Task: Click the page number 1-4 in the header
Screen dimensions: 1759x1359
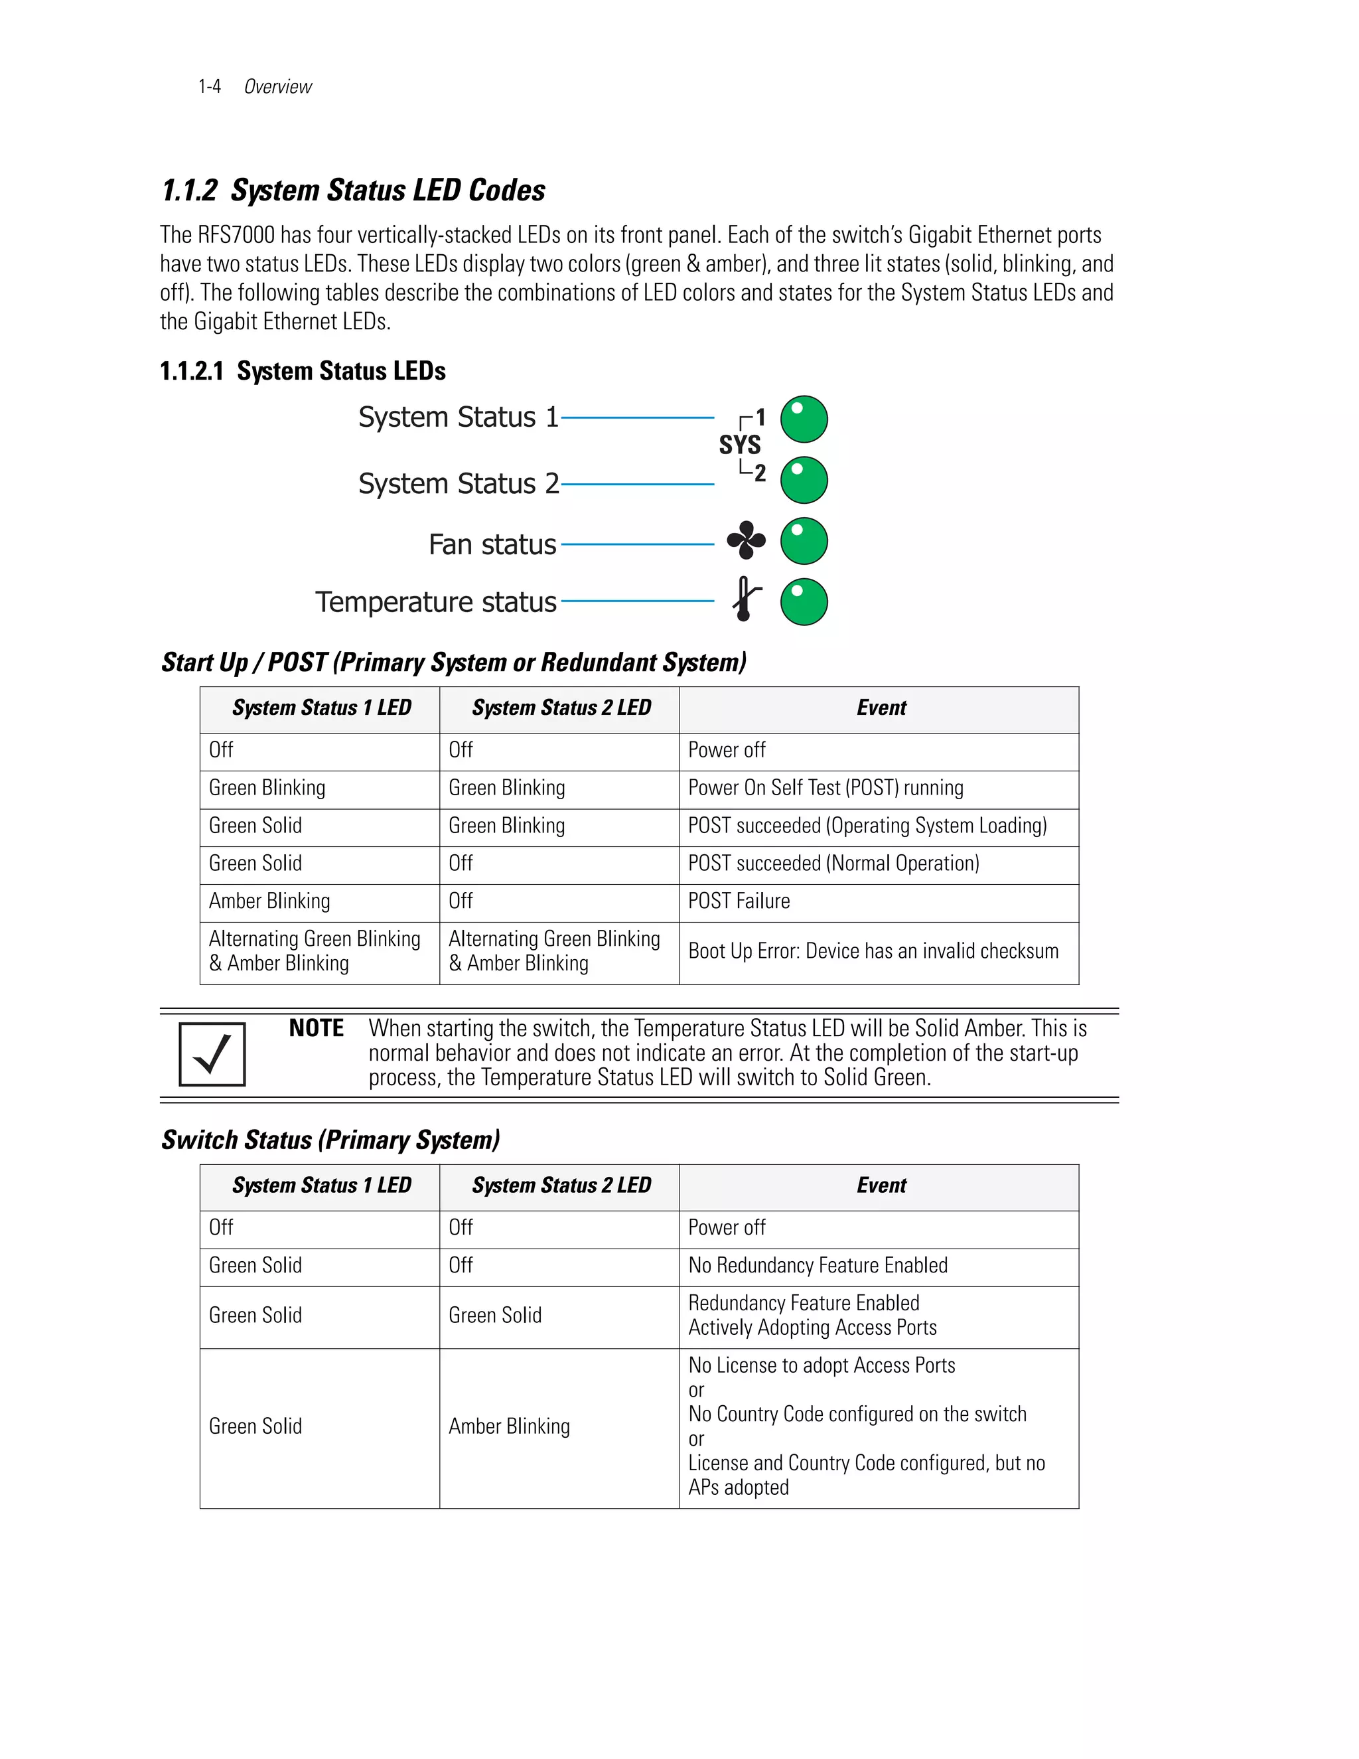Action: [209, 87]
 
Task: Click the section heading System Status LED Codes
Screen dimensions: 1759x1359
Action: [354, 191]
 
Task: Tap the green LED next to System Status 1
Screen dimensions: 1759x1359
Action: [804, 419]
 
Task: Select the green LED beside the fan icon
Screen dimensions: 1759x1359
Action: [804, 541]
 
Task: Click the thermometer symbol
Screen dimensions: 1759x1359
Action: [745, 599]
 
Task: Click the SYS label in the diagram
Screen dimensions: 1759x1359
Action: [739, 445]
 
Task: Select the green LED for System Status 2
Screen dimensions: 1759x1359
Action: [804, 481]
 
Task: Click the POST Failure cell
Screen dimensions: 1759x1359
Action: [739, 901]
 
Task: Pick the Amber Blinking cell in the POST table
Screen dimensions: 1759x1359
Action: [269, 901]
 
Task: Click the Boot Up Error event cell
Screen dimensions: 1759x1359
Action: [873, 951]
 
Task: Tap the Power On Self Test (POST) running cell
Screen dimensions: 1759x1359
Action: [825, 788]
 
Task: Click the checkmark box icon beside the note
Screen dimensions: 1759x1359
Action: [212, 1054]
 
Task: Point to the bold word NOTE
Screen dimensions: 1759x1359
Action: [317, 1028]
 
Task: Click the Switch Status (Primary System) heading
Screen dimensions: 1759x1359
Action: [330, 1140]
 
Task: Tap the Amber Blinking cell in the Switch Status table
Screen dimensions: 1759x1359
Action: [509, 1426]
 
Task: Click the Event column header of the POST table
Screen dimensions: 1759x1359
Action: [881, 708]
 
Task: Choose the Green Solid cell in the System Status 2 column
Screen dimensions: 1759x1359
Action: [494, 1315]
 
